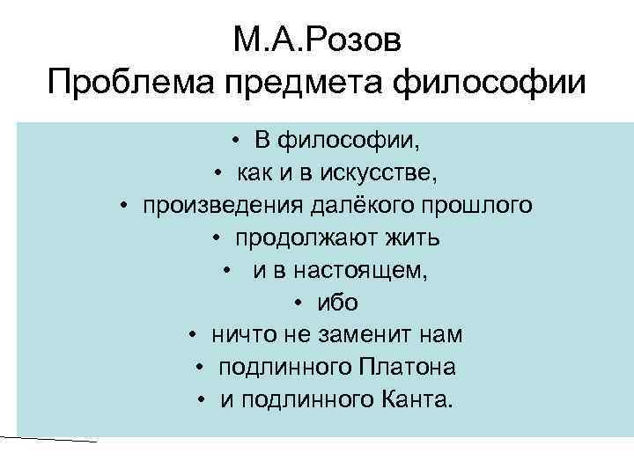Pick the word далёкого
pyautogui.click(x=359, y=205)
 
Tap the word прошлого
pyautogui.click(x=475, y=205)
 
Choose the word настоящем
pyautogui.click(x=365, y=271)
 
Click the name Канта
pyautogui.click(x=417, y=400)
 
